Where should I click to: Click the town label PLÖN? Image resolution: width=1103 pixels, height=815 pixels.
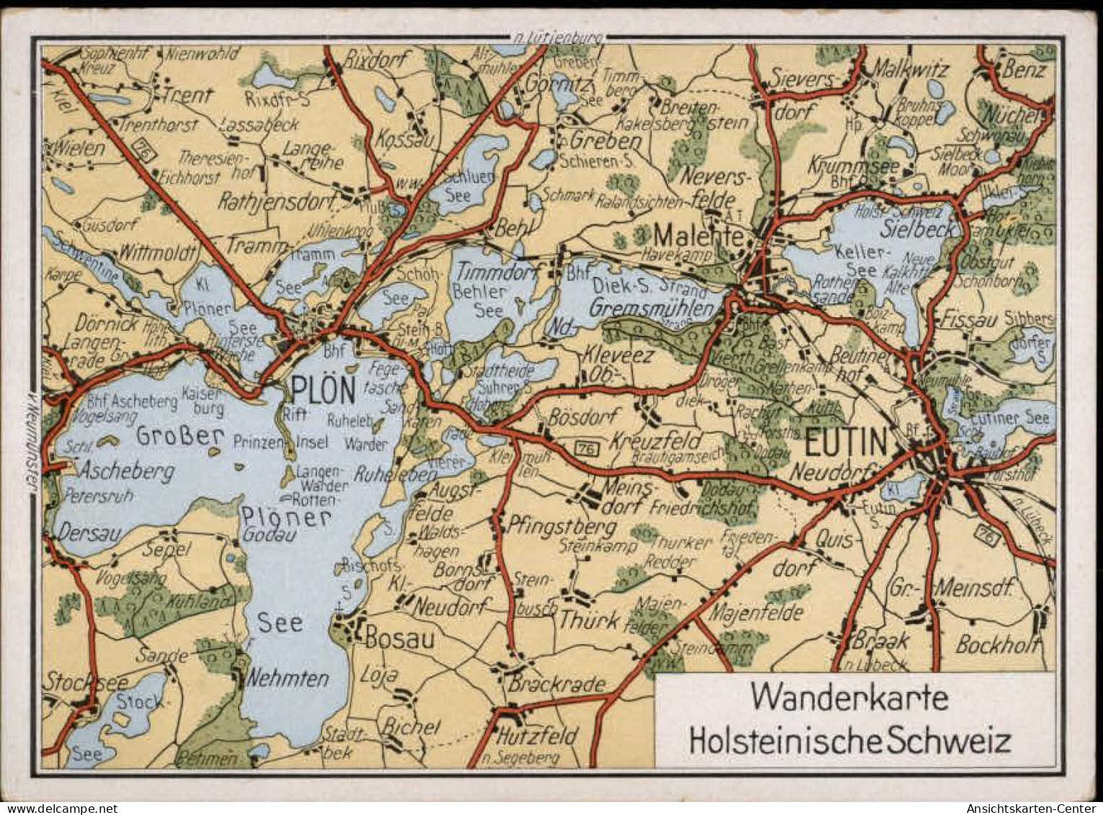(324, 391)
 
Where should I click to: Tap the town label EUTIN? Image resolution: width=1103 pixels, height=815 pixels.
(845, 442)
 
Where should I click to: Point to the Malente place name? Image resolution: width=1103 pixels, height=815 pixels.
(698, 236)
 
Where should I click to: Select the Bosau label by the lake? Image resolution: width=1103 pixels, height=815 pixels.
(400, 638)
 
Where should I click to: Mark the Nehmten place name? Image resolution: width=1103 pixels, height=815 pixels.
(288, 678)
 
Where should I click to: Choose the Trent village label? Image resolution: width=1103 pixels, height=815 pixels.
(187, 95)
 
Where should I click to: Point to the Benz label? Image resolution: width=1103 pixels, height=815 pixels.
(1024, 69)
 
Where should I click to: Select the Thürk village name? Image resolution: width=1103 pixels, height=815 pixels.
(589, 620)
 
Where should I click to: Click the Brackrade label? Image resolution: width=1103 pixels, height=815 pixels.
(557, 683)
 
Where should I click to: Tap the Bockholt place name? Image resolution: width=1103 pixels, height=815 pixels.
(997, 645)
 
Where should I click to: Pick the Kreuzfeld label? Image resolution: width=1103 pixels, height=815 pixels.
(656, 440)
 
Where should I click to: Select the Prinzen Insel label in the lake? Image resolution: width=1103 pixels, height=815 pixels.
(280, 442)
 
